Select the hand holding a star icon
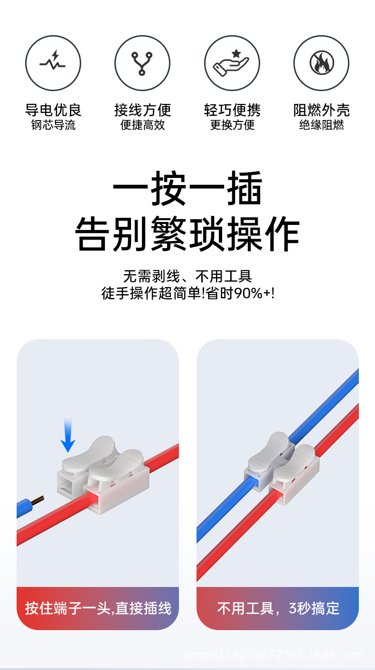[x=231, y=63]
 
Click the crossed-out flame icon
[x=322, y=63]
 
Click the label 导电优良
[x=53, y=110]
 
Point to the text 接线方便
[x=142, y=110]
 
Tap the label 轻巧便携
[x=232, y=110]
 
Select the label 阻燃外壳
[x=321, y=110]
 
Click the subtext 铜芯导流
[x=53, y=125]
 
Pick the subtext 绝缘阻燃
[x=321, y=125]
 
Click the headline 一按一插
[x=187, y=188]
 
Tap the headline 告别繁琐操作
[x=187, y=234]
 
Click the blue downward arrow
[x=68, y=435]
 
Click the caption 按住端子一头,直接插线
[x=98, y=608]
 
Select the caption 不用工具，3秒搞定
[x=278, y=608]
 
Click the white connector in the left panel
[x=103, y=475]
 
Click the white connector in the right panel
[x=282, y=469]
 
